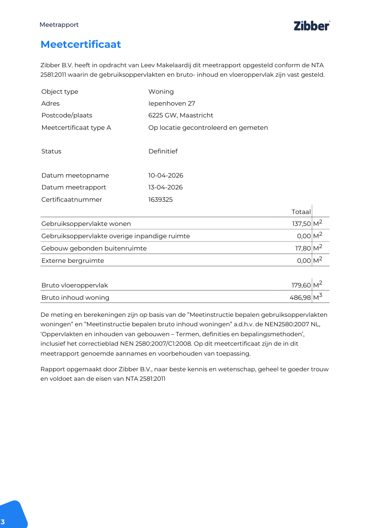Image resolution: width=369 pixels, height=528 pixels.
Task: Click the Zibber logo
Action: pyautogui.click(x=312, y=26)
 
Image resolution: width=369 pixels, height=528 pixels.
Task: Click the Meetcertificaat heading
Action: pyautogui.click(x=80, y=45)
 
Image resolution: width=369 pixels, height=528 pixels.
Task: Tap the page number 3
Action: pyautogui.click(x=3, y=522)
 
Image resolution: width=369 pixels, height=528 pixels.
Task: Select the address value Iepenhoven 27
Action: pyautogui.click(x=172, y=103)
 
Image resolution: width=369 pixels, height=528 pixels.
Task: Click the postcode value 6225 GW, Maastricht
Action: pyautogui.click(x=181, y=115)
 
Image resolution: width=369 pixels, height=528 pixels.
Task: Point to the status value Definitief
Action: pyautogui.click(x=163, y=151)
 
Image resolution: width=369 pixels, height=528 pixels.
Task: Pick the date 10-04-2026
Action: pyautogui.click(x=166, y=175)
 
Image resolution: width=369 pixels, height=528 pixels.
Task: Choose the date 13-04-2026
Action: pyautogui.click(x=166, y=187)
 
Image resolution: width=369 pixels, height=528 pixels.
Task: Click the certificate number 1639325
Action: pyautogui.click(x=160, y=199)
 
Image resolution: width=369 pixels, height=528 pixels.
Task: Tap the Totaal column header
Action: pyautogui.click(x=301, y=212)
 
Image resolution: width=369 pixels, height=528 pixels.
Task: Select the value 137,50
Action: pyautogui.click(x=301, y=224)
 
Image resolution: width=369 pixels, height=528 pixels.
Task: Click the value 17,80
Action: pyautogui.click(x=303, y=248)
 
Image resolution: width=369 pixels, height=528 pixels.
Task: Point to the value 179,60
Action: pyautogui.click(x=301, y=285)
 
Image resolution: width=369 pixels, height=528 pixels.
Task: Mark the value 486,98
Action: pyautogui.click(x=300, y=297)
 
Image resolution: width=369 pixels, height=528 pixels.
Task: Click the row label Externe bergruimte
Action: pyautogui.click(x=72, y=260)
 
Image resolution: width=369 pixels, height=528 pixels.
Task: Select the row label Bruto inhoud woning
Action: pyautogui.click(x=75, y=297)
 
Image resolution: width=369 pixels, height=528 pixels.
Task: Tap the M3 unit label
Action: pyautogui.click(x=317, y=297)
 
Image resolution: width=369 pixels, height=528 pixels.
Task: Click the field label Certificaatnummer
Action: pyautogui.click(x=71, y=199)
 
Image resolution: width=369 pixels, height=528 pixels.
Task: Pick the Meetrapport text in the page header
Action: pyautogui.click(x=59, y=25)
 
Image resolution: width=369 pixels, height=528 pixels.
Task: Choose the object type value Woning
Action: pyautogui.click(x=161, y=91)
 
